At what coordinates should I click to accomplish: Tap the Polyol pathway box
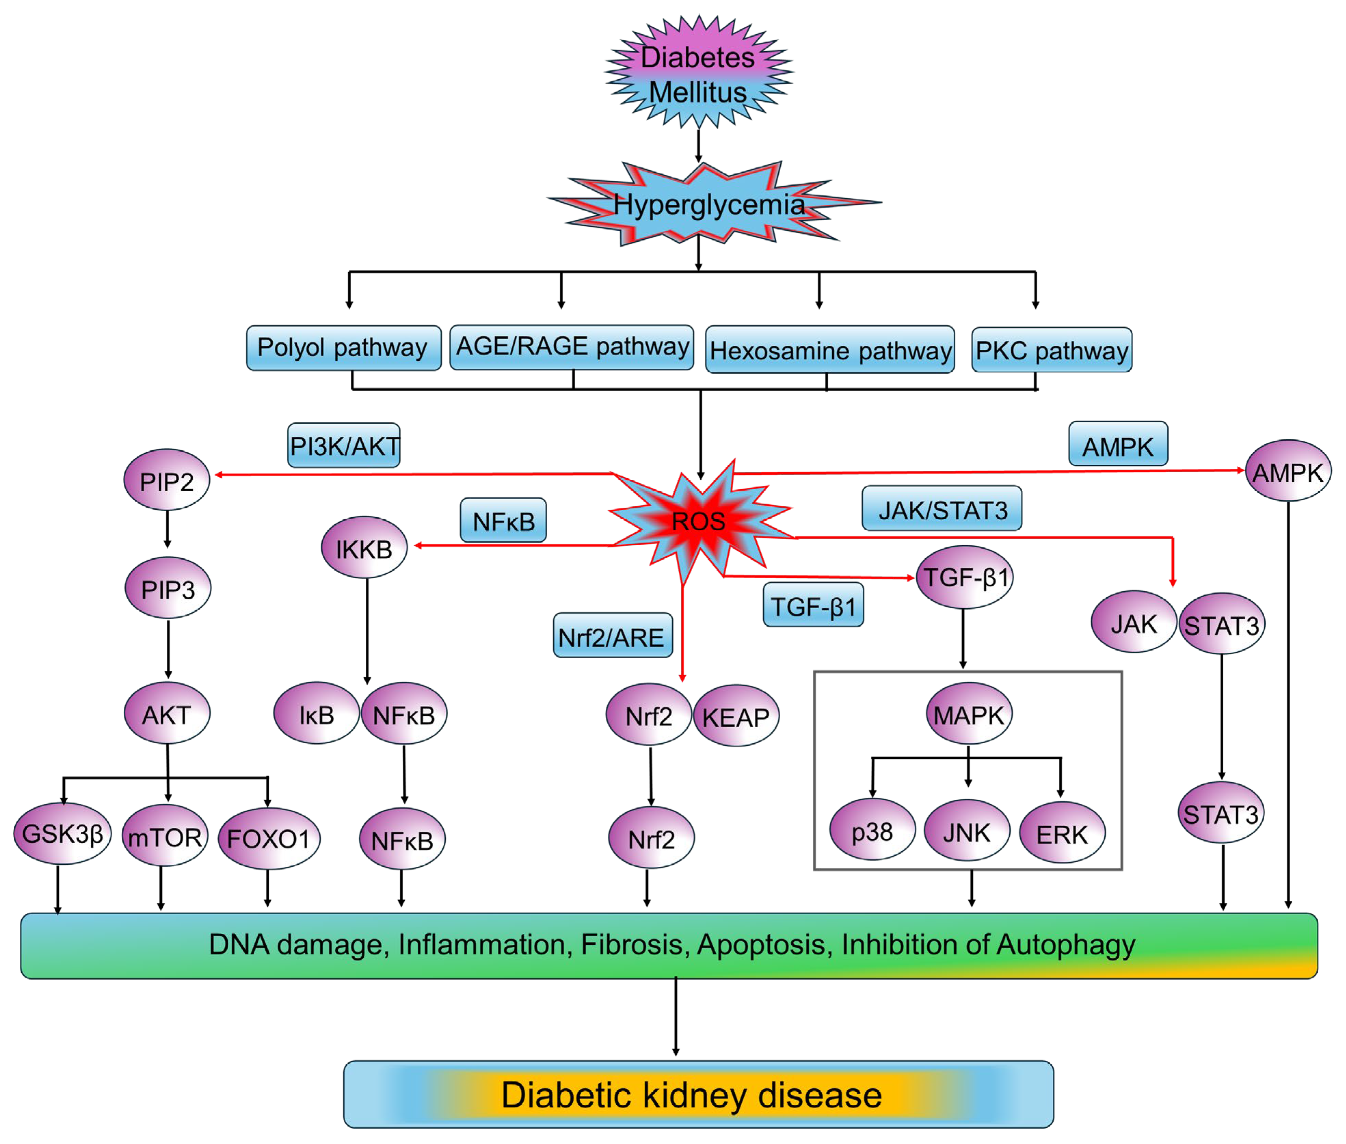click(342, 348)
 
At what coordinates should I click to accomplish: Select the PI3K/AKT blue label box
click(344, 445)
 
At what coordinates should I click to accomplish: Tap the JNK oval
click(966, 832)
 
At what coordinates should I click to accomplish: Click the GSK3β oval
click(62, 833)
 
